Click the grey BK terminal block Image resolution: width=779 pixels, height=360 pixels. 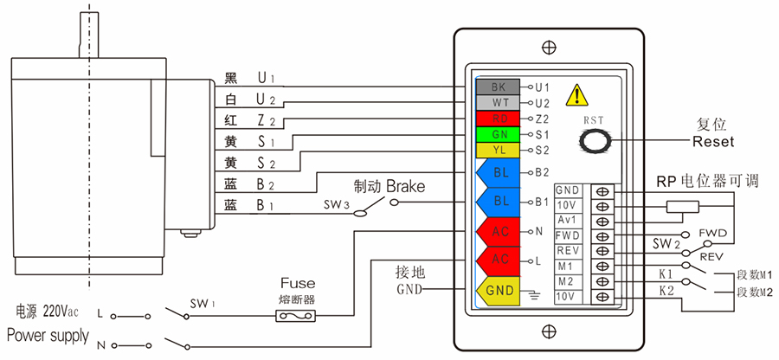click(x=498, y=87)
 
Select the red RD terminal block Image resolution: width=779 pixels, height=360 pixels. click(x=498, y=119)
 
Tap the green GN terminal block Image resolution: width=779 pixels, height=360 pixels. click(x=498, y=134)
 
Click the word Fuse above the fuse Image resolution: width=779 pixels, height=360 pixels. click(x=298, y=283)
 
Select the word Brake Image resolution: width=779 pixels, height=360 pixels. click(x=405, y=186)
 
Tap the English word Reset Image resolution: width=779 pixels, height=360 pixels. click(x=713, y=141)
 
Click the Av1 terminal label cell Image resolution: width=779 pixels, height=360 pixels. click(x=568, y=221)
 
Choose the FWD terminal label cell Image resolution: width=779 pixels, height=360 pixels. click(x=568, y=235)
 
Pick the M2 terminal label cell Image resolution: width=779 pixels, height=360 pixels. click(x=568, y=281)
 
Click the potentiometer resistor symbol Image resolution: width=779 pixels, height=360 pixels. click(x=681, y=206)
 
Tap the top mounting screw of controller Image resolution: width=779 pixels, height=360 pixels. click(x=547, y=47)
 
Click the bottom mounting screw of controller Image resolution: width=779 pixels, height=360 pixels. click(x=547, y=331)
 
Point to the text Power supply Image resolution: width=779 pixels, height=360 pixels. click(x=48, y=335)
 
